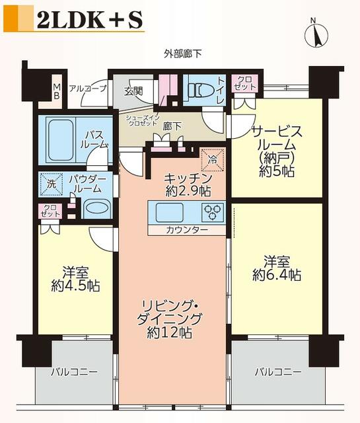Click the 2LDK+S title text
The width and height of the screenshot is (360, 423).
pos(90,20)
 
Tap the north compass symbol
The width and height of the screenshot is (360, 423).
pos(316,34)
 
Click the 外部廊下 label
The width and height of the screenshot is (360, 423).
pos(182,54)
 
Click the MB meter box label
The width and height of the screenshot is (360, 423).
pos(57,91)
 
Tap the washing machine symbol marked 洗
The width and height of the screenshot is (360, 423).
pos(52,184)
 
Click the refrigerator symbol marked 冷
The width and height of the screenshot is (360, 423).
pos(213,160)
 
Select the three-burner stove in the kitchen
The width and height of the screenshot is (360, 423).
pos(213,211)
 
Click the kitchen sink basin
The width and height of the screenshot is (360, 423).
pos(170,212)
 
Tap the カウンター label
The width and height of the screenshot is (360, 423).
pos(187,230)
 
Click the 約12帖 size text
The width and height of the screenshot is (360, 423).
pos(169,333)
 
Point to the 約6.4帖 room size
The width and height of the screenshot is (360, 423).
pos(277,275)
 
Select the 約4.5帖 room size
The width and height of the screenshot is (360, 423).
pos(75,286)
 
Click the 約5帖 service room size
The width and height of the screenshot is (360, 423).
pos(277,171)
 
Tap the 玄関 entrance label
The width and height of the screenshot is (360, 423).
pos(133,92)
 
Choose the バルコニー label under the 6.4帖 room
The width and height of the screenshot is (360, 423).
pos(278,372)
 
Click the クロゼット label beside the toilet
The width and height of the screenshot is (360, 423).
pos(245,83)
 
